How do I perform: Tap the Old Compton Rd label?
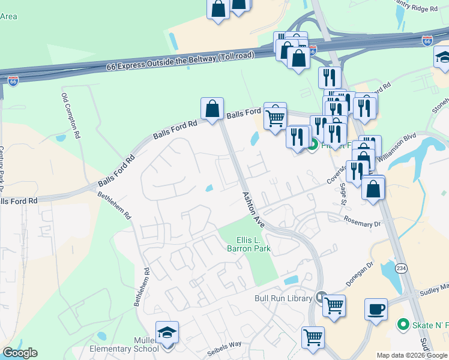click(71, 116)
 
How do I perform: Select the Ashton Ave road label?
click(253, 208)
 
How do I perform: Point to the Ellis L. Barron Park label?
click(250, 244)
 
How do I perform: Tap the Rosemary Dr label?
click(362, 221)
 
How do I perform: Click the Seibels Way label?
click(224, 344)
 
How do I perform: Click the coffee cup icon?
click(376, 309)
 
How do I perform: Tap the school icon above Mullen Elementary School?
click(167, 332)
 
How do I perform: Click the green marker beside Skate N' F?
click(404, 325)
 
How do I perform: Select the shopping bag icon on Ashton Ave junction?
click(212, 109)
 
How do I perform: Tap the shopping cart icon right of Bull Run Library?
click(334, 305)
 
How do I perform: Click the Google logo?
click(20, 353)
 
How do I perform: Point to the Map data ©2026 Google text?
click(412, 355)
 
